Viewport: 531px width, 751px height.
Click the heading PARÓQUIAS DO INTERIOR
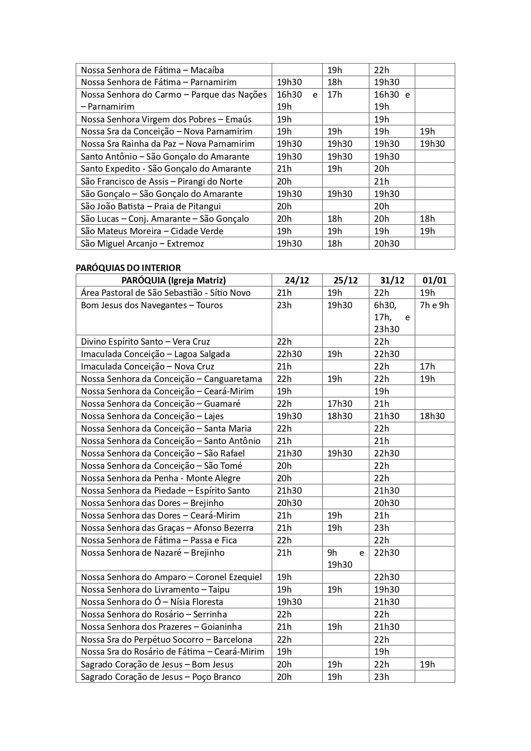coord(128,268)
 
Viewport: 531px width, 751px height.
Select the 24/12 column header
coord(297,280)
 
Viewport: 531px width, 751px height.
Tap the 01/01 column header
coord(434,280)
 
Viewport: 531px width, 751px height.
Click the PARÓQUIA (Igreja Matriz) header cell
coord(174,280)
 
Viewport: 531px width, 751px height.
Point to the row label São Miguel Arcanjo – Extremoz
coord(142,244)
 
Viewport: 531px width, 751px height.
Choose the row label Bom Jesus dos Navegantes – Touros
coord(152,305)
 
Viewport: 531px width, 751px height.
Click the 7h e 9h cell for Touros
coord(434,305)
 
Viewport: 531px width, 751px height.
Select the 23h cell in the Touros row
coord(284,305)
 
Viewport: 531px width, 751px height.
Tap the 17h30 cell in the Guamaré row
coord(340,404)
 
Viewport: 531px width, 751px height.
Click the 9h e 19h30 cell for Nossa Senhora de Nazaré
coord(345,559)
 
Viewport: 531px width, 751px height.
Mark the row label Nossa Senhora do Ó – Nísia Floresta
coord(152,602)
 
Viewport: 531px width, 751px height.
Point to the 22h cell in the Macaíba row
coord(382,70)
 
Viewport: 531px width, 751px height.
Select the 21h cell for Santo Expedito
coord(284,169)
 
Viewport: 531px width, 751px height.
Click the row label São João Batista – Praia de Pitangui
coord(151,206)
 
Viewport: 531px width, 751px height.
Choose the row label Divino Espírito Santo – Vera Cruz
coord(145,342)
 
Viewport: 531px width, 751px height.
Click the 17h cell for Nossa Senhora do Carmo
coord(335,95)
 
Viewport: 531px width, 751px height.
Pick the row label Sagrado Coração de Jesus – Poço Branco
coord(161,677)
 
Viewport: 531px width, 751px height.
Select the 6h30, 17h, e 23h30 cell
coord(392,317)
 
